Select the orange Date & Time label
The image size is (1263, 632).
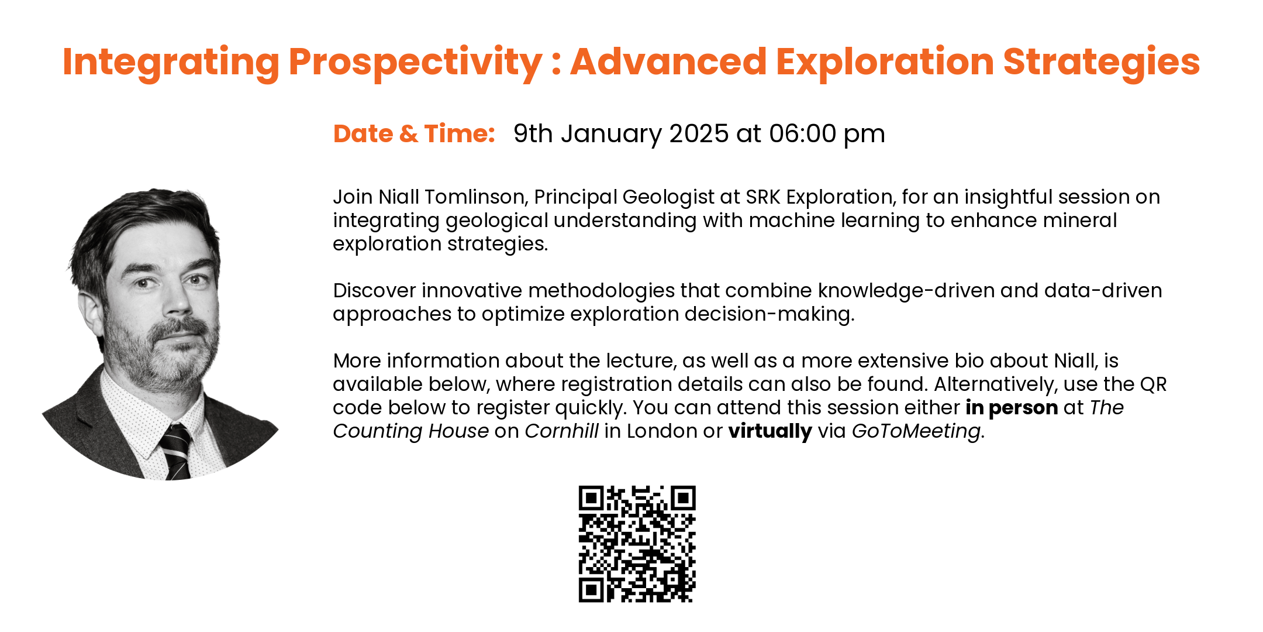tap(414, 134)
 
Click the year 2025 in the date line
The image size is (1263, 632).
tap(699, 134)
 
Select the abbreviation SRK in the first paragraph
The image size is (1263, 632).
tap(763, 197)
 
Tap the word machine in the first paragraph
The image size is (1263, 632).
tap(786, 221)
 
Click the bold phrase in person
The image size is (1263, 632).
tap(1012, 408)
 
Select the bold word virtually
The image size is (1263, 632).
tap(770, 432)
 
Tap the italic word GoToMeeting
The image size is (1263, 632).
tap(916, 432)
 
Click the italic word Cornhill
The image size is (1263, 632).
tap(561, 431)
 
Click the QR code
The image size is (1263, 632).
tap(637, 544)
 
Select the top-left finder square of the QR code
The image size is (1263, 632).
tap(591, 498)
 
